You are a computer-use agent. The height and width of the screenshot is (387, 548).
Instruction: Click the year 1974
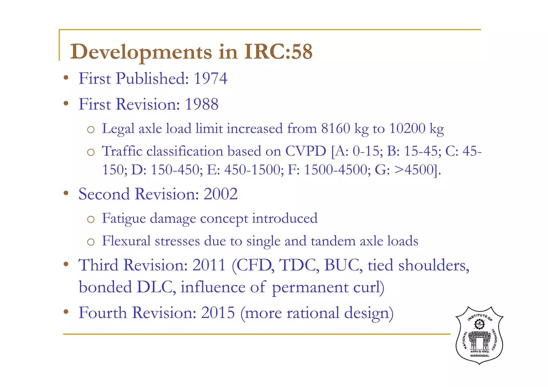(x=210, y=79)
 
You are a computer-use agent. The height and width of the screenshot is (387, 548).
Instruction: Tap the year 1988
(x=201, y=104)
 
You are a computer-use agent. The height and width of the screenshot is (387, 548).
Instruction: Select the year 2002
(x=220, y=194)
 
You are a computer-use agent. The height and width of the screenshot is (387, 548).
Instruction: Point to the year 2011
(x=209, y=265)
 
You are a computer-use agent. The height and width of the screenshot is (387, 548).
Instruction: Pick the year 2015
(x=218, y=313)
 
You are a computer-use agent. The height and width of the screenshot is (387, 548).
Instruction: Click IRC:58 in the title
(x=278, y=51)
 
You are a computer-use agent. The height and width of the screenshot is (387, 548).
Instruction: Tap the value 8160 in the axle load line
(x=336, y=128)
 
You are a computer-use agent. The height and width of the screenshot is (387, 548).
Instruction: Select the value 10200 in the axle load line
(x=407, y=128)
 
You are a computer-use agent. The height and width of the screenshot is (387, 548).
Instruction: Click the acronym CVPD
(x=306, y=151)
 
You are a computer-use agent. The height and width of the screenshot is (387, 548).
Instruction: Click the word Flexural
(x=126, y=241)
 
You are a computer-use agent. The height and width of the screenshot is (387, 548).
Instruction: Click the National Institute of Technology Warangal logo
(x=479, y=335)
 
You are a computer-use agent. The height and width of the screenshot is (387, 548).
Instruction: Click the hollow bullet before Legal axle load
(x=91, y=130)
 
